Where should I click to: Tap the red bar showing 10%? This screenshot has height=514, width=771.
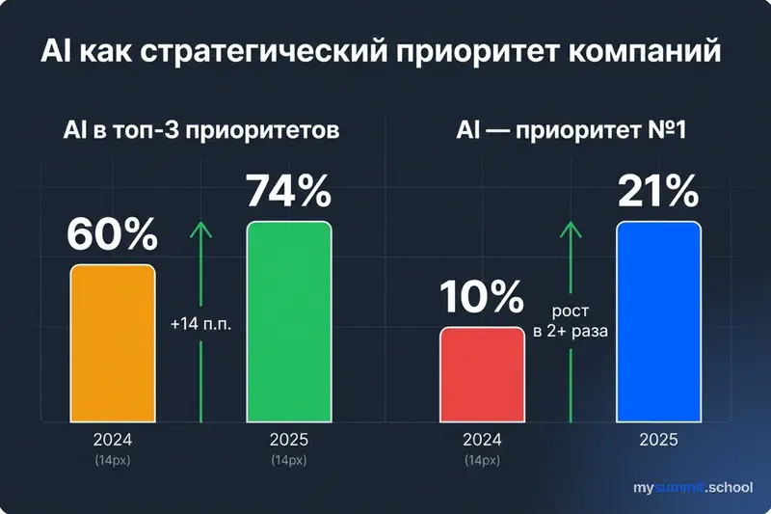(482, 374)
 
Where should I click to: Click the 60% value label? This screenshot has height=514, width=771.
(112, 235)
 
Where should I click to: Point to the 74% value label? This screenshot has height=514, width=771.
(289, 191)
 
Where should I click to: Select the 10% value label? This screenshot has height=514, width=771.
(482, 298)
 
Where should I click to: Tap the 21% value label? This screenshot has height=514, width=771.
(658, 191)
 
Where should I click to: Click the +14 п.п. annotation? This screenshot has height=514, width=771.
(202, 324)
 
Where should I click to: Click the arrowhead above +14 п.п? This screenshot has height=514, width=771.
(201, 229)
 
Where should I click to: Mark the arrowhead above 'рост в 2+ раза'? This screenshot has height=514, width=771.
(571, 229)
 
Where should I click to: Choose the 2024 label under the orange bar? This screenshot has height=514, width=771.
(112, 439)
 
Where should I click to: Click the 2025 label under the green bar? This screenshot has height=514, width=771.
(289, 439)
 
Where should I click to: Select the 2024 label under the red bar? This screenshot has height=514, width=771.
(482, 439)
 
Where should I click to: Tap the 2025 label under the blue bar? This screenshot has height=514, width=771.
(658, 439)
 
